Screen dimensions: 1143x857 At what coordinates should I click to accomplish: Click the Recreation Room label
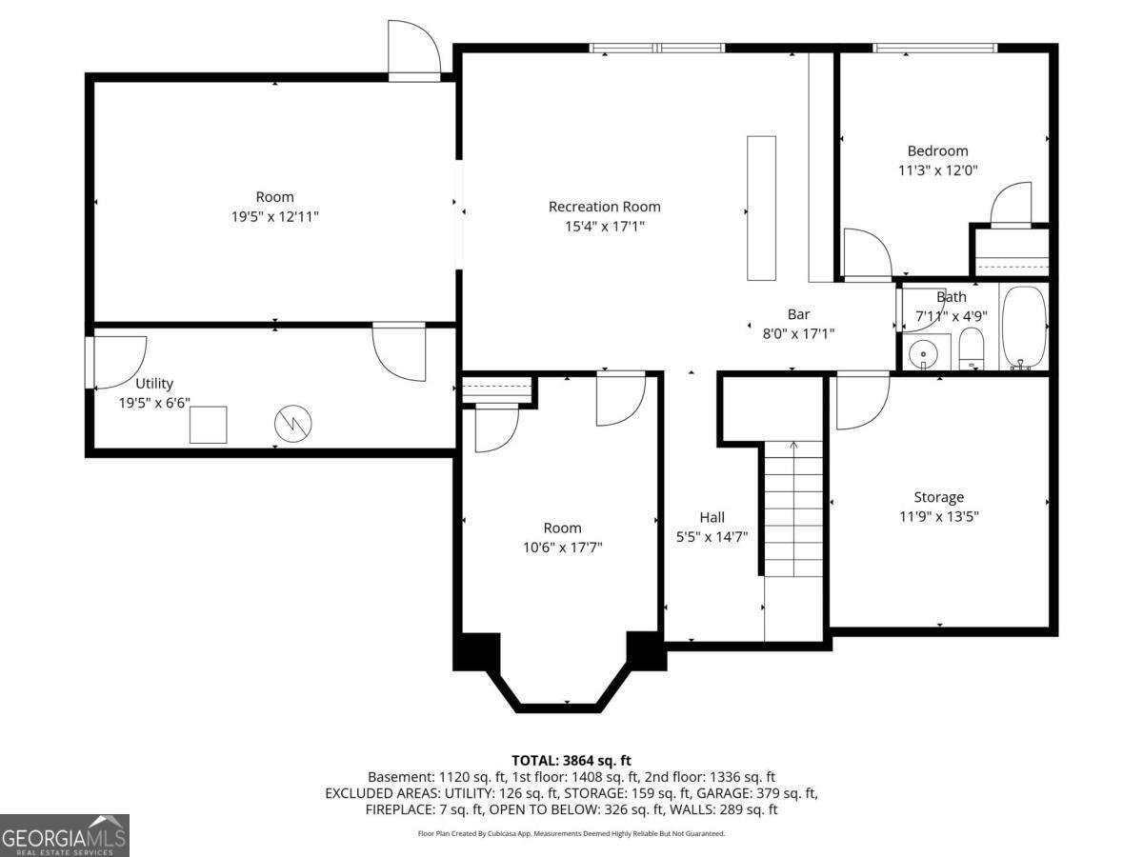point(604,207)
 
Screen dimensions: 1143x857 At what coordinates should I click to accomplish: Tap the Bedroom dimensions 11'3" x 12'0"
point(938,170)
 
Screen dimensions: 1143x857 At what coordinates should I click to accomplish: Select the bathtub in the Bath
point(1024,328)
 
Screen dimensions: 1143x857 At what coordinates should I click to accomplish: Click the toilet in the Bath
point(971,349)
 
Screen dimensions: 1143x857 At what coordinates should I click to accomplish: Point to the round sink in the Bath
point(923,354)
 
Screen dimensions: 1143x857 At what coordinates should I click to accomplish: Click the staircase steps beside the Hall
point(793,508)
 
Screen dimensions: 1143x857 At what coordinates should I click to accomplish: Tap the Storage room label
point(939,497)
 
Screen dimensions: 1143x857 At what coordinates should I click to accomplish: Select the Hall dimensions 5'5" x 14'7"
point(712,536)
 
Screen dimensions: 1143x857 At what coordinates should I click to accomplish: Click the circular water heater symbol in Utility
point(292,424)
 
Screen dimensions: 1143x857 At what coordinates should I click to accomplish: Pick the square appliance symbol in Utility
point(208,425)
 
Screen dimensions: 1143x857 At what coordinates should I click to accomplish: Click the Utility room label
point(154,384)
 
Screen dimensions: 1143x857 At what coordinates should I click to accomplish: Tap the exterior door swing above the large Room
point(414,51)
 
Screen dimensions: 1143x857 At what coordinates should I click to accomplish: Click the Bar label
point(798,314)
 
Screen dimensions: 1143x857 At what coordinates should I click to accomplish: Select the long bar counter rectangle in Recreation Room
point(761,209)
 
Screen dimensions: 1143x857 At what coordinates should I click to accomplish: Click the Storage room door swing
point(862,401)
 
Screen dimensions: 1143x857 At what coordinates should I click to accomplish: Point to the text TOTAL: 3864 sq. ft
point(571,761)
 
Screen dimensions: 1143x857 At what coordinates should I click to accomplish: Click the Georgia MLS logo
point(64,835)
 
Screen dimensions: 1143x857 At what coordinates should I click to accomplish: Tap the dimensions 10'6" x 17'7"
point(562,548)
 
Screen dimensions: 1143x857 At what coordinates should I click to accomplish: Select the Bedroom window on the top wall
point(935,49)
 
